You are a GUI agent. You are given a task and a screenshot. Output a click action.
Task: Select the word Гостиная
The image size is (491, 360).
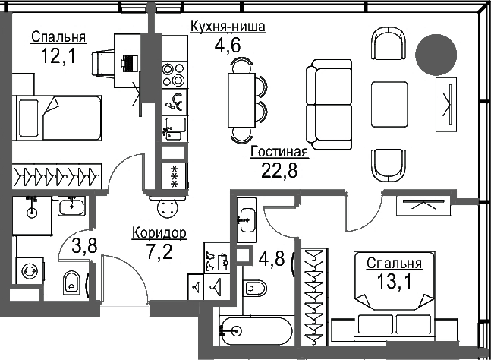279,152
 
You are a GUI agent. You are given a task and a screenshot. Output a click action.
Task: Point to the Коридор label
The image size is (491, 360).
159,232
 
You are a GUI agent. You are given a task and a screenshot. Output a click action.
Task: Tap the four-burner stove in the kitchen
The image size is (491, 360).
174,72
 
